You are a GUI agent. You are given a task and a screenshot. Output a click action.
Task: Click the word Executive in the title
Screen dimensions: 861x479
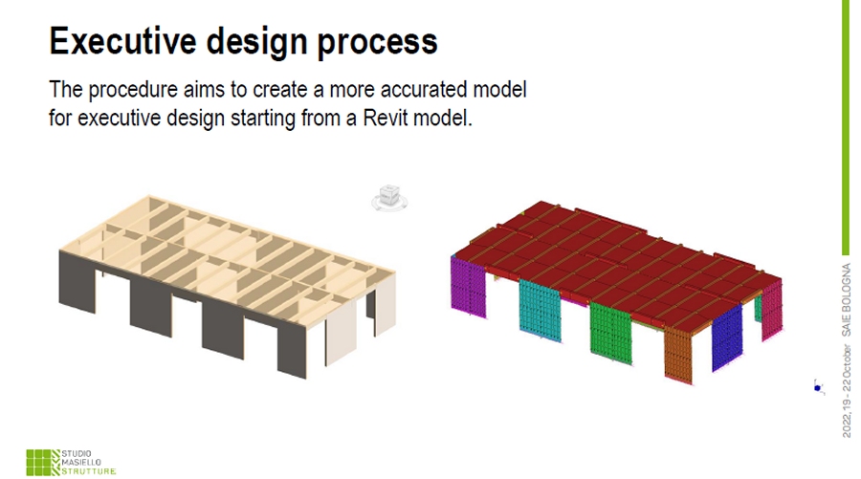click(123, 40)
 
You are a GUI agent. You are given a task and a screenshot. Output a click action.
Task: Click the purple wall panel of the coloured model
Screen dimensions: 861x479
click(469, 287)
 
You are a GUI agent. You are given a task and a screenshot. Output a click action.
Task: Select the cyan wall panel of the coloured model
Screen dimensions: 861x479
click(541, 310)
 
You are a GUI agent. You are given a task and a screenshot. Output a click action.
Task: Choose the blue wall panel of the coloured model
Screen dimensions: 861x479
click(727, 338)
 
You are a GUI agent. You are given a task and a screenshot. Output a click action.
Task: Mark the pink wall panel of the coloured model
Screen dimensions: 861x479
click(772, 310)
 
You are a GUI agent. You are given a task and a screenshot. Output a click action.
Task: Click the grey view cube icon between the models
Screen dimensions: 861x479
click(389, 198)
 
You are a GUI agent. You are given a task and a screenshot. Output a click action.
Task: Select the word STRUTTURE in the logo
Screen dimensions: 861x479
click(88, 471)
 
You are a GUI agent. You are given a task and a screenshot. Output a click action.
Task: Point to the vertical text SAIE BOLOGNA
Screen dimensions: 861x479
click(847, 300)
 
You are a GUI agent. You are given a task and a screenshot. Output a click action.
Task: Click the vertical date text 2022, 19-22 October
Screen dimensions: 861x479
click(847, 391)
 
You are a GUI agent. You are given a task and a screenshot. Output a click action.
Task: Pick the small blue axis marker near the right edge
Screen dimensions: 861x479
click(818, 387)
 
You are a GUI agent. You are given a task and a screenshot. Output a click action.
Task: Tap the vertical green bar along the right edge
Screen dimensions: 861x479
click(846, 127)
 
